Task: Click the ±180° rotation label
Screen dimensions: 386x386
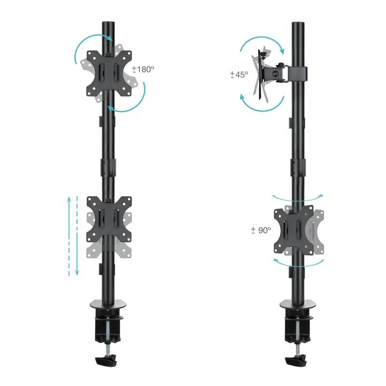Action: point(144,69)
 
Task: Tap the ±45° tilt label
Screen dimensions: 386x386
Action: point(239,74)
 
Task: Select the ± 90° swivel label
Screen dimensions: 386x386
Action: point(261,231)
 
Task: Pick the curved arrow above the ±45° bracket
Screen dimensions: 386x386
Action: point(263,42)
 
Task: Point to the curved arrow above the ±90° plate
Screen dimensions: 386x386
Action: point(298,196)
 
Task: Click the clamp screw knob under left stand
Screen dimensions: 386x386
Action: point(107,360)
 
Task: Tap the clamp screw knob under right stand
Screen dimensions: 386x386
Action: point(295,360)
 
